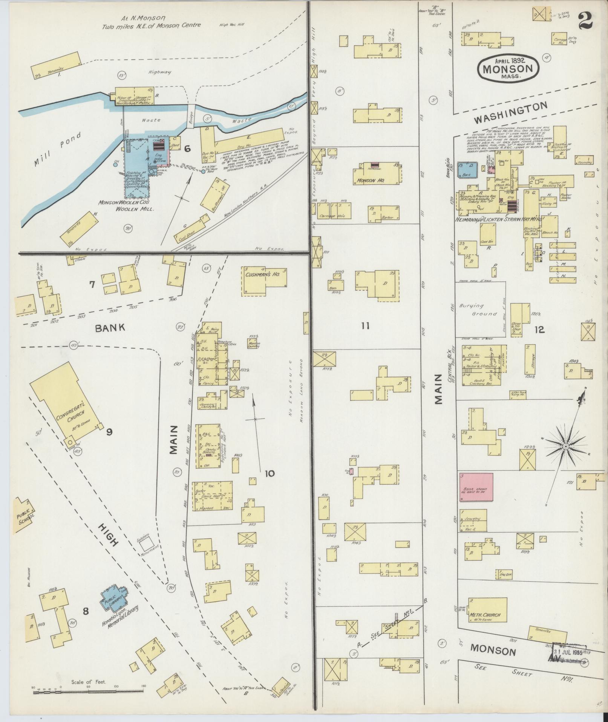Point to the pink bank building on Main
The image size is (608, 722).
[x=476, y=487]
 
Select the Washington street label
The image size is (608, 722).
[x=510, y=113]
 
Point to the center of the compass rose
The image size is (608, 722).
[x=565, y=446]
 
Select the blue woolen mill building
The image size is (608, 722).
[x=138, y=162]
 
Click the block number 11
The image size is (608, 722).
[x=365, y=325]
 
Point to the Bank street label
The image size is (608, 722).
[x=110, y=328]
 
